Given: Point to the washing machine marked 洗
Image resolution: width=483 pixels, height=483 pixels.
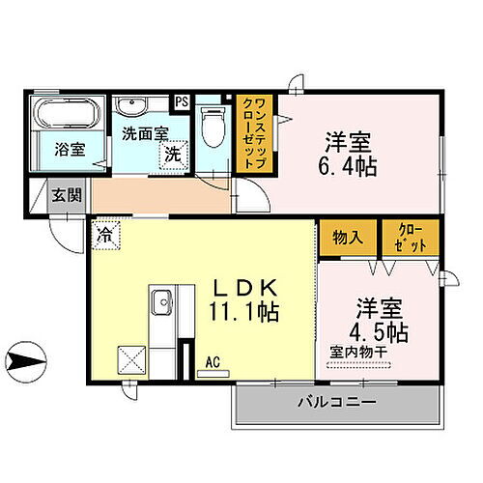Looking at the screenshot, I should (172, 152).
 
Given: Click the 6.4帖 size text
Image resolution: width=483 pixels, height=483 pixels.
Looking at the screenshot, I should (351, 165).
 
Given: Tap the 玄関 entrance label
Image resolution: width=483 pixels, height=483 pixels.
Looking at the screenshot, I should (66, 195).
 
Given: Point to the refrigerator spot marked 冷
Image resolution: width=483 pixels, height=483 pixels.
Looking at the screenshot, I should (104, 233).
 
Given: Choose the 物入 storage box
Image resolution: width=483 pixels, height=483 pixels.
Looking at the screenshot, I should (348, 238).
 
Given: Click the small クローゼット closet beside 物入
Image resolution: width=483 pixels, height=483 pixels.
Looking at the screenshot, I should (411, 238).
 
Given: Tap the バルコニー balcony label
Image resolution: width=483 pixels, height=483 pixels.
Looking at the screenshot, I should (327, 402).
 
